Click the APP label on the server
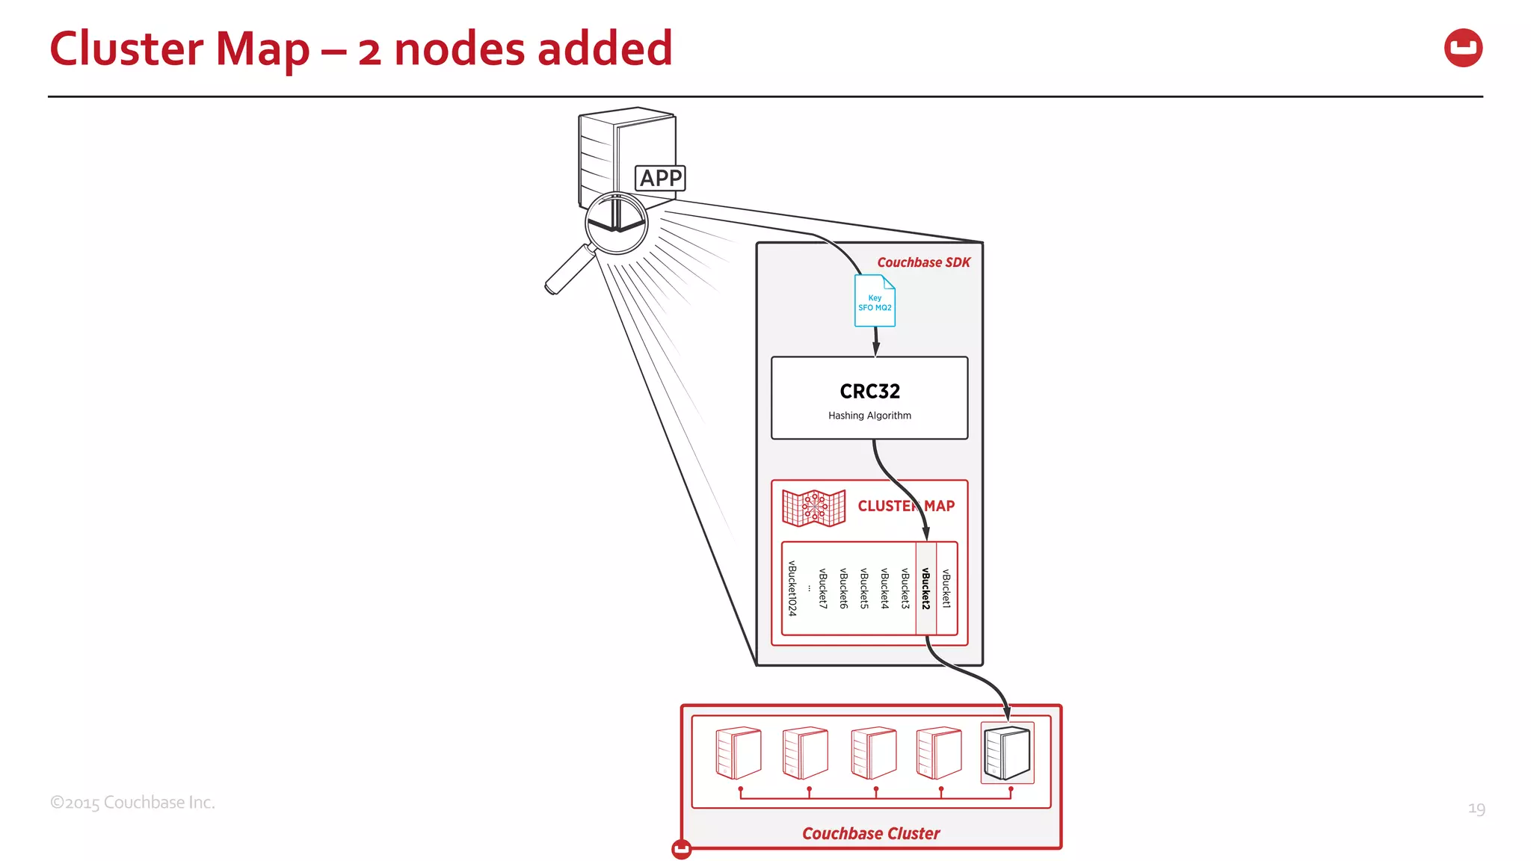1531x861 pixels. pos(660,178)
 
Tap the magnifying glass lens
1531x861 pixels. pos(616,223)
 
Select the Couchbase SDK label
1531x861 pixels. pos(923,262)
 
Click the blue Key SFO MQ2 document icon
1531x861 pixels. pos(875,301)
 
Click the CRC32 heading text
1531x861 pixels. pos(869,391)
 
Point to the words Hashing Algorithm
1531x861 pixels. pos(869,416)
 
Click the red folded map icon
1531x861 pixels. pos(813,507)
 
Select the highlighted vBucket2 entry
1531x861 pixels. pos(925,588)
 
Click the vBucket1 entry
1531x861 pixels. pos(946,588)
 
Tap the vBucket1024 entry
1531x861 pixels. pos(792,588)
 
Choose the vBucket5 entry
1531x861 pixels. pos(864,588)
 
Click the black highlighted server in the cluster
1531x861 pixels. pos(1007,753)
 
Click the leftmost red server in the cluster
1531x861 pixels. pos(738,753)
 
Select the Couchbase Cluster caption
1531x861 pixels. pos(871,833)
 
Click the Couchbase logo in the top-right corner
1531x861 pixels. pos(1463,48)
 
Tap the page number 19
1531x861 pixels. pos(1476,809)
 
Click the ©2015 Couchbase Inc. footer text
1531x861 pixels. pos(132,803)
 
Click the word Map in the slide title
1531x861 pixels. pos(262,49)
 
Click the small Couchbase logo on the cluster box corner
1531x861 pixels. pos(681,849)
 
